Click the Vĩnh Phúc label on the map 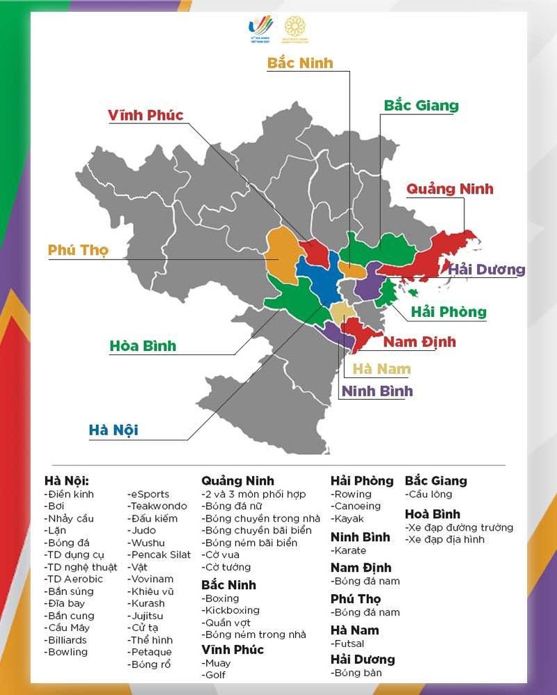(x=146, y=115)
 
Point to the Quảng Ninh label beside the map (x=450, y=189)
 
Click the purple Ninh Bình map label (x=377, y=391)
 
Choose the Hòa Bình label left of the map (x=143, y=346)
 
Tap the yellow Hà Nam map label (x=382, y=369)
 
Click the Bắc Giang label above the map (x=421, y=106)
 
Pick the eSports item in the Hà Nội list (x=149, y=494)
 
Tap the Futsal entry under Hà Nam (x=348, y=644)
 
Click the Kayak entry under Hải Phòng (x=349, y=519)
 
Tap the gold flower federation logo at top (x=295, y=29)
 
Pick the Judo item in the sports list (x=142, y=531)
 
